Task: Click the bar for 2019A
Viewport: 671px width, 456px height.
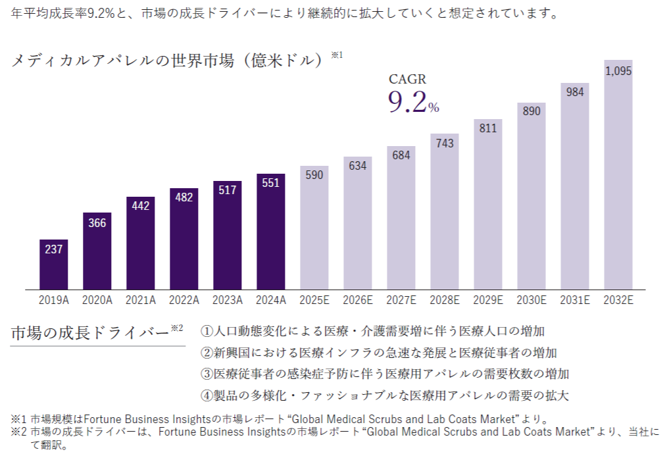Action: click(54, 265)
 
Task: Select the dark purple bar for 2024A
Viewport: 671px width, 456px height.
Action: click(271, 232)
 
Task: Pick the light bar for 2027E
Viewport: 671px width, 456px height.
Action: click(401, 218)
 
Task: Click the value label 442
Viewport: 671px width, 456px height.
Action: click(141, 206)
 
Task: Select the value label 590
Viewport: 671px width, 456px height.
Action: click(314, 175)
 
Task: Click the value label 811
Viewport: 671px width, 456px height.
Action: click(488, 129)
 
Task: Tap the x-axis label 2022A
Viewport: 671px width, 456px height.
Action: click(184, 300)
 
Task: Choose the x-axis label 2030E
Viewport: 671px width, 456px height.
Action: click(532, 300)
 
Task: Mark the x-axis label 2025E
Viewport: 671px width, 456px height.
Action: click(314, 300)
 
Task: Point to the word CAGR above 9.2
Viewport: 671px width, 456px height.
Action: click(407, 80)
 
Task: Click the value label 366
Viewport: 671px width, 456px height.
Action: click(97, 223)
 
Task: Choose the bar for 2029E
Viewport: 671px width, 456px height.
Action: click(488, 204)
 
